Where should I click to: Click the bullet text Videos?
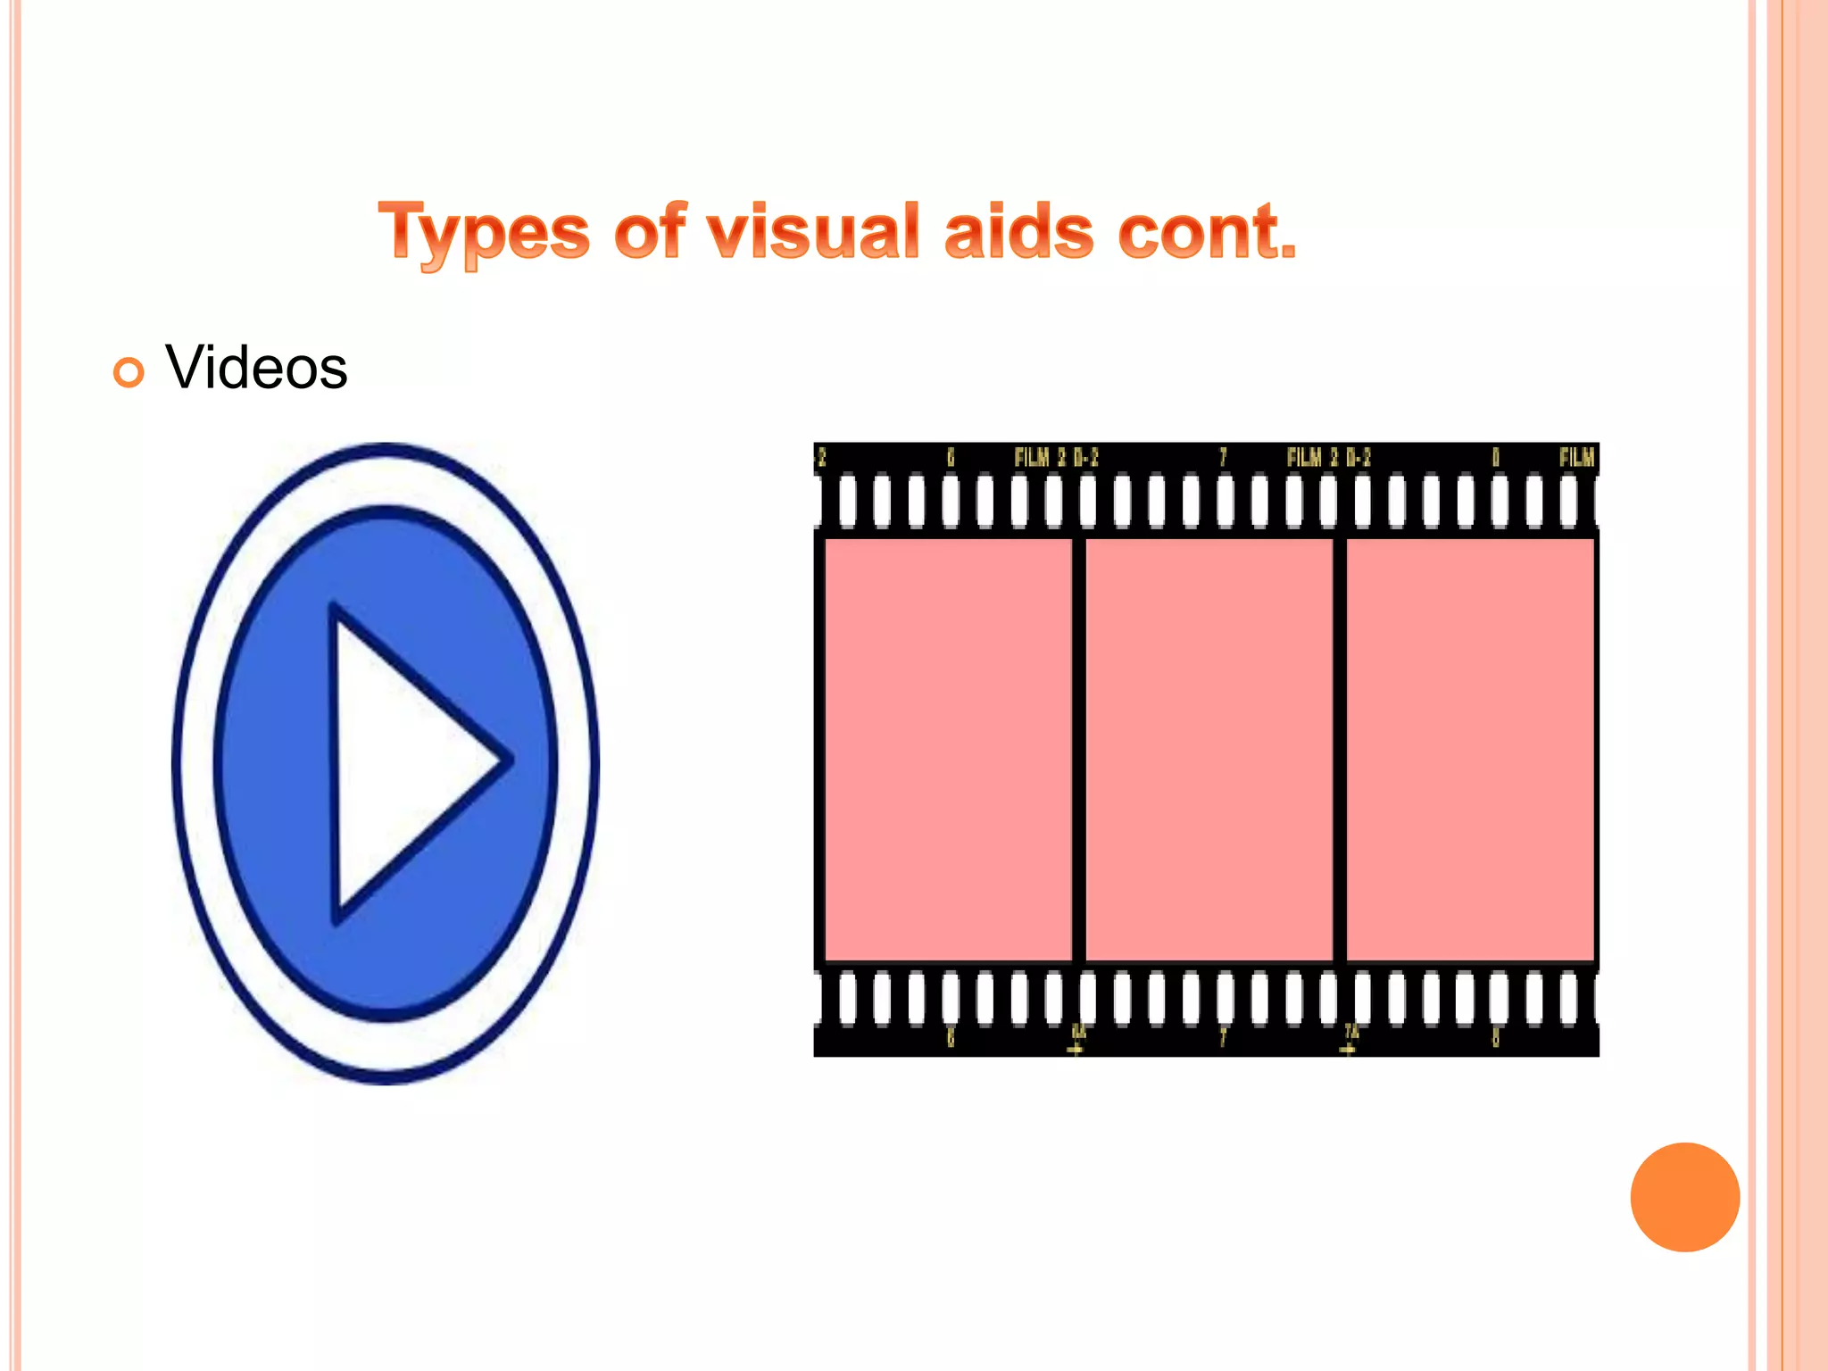256,368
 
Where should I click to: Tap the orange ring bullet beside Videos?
129,372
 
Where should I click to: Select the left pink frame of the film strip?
948,750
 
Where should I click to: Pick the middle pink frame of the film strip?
1209,750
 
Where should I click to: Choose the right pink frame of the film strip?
1469,750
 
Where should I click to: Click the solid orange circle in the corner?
1684,1197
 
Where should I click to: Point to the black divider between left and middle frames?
1078,750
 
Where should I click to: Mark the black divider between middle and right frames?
1339,750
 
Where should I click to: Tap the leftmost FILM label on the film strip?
1034,458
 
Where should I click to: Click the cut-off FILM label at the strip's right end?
1576,458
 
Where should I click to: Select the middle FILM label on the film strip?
1306,458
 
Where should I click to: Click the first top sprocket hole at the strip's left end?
847,502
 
